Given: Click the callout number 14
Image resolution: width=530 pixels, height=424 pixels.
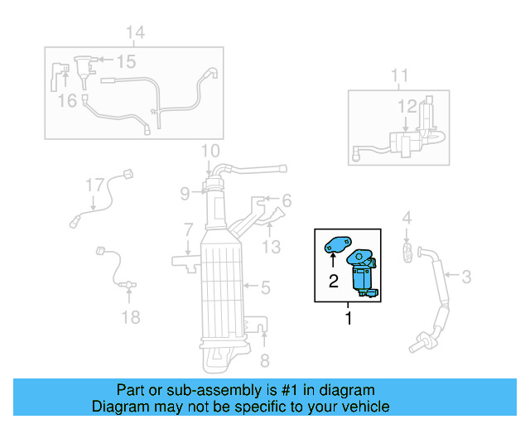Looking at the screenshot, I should pos(135,32).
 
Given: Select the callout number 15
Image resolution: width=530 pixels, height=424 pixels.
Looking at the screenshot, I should pos(126,61).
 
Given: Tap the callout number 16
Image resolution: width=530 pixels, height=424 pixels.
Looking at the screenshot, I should pos(67,100).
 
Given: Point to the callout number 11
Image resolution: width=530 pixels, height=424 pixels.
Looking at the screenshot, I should pos(400,76).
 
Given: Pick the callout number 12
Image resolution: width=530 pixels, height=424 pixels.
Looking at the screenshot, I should pos(407,105).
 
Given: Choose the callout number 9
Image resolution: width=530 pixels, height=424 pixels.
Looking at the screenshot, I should pos(186,195).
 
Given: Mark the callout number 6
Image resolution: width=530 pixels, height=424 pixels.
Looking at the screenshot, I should pos(287,200).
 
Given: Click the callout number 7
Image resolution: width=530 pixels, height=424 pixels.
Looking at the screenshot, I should pos(188,228).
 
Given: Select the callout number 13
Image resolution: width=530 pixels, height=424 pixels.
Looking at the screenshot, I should pos(272,246).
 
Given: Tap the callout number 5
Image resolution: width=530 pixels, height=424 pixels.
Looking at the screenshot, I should pos(265,288).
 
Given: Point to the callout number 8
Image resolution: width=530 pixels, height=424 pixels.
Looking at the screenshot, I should pos(265,360).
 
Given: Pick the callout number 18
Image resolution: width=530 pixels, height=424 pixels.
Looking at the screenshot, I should pos(131,317).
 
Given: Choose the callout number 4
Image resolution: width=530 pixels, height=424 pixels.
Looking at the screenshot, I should pos(407,218).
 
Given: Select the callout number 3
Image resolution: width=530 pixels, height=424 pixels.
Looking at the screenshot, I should pos(466,276).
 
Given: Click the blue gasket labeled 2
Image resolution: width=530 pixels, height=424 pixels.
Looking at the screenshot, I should pos(338,245).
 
